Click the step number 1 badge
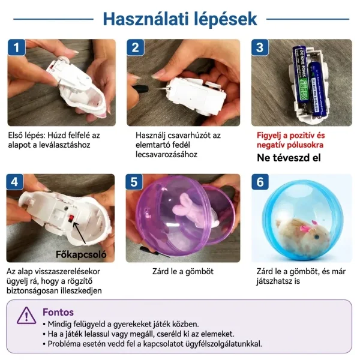(17, 47)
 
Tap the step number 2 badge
(136, 47)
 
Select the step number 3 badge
(260, 47)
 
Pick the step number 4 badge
(14, 182)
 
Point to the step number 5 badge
(134, 182)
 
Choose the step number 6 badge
(260, 182)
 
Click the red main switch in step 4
(71, 218)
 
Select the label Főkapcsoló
(81, 254)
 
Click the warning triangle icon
(26, 315)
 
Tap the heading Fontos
(58, 312)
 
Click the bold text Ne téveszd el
(289, 158)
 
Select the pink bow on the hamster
(304, 228)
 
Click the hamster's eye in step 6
(317, 237)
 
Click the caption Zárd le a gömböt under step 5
(183, 271)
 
